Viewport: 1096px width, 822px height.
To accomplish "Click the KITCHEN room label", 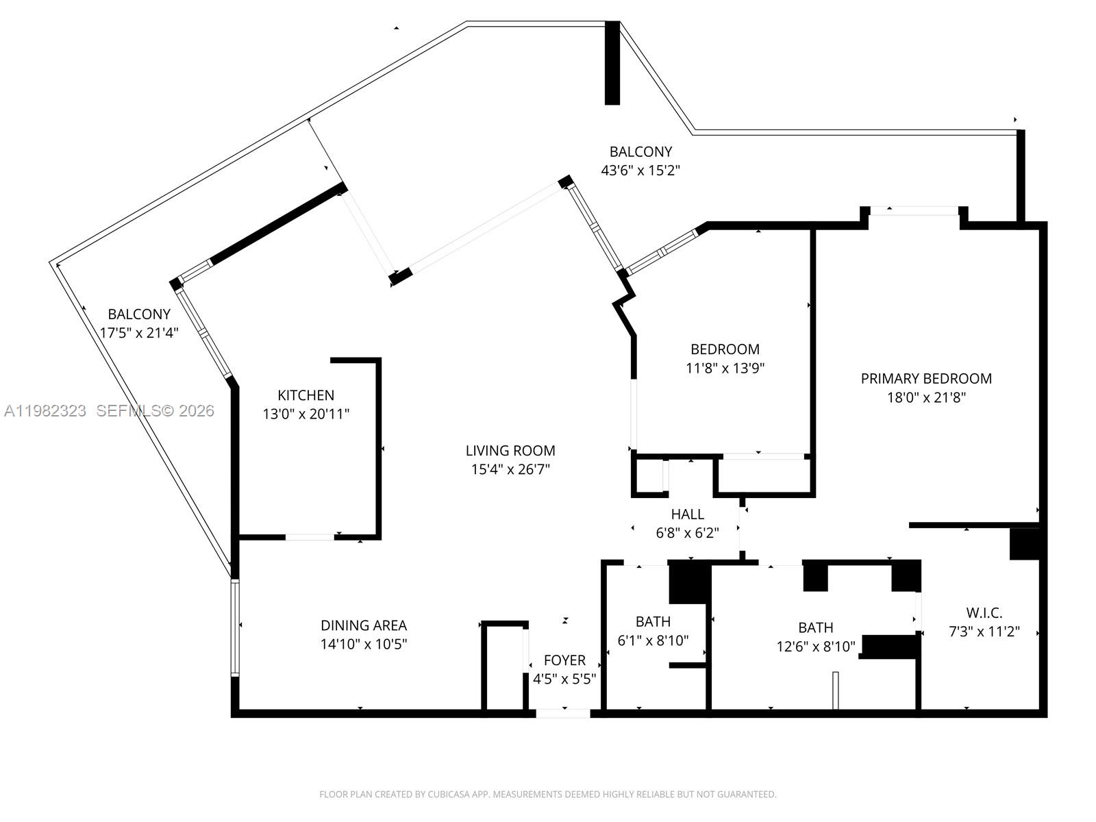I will (306, 395).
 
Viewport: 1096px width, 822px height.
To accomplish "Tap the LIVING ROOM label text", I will (510, 451).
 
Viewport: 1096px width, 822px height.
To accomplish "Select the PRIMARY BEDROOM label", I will (926, 379).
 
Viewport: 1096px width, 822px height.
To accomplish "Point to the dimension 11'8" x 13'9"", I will (725, 368).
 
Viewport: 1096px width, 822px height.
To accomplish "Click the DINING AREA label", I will (364, 625).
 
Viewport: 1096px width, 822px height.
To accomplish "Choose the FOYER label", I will (564, 660).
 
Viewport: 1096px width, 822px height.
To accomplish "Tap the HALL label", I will (687, 514).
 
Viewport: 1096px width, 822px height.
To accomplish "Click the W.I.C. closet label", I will (984, 613).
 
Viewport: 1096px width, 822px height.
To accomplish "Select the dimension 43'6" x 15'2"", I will (640, 171).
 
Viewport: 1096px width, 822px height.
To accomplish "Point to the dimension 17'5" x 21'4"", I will (139, 333).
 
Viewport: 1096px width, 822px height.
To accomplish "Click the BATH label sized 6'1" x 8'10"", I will (653, 622).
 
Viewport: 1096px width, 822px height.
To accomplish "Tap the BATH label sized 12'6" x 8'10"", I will (815, 627).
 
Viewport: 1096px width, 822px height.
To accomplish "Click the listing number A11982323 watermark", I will (45, 411).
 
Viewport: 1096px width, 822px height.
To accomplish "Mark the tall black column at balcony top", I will (612, 63).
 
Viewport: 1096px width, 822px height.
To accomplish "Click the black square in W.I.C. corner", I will (1025, 543).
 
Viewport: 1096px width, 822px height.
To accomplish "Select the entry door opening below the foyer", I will (562, 713).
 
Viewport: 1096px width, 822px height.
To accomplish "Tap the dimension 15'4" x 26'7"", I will (510, 470).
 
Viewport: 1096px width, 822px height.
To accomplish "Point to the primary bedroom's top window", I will (914, 211).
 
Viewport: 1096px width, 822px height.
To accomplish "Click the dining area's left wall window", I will (235, 627).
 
